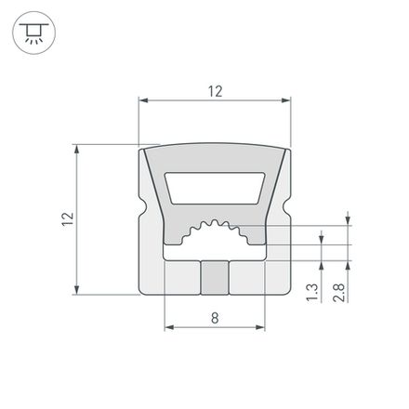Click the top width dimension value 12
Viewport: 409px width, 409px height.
click(215, 90)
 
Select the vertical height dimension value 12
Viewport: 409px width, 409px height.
click(65, 219)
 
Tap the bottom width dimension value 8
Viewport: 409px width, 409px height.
click(215, 318)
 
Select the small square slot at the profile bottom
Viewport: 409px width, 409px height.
click(215, 277)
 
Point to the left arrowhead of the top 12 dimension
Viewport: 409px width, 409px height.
click(142, 98)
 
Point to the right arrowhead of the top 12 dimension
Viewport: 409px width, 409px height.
click(287, 98)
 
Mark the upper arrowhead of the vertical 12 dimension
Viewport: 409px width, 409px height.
click(73, 148)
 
